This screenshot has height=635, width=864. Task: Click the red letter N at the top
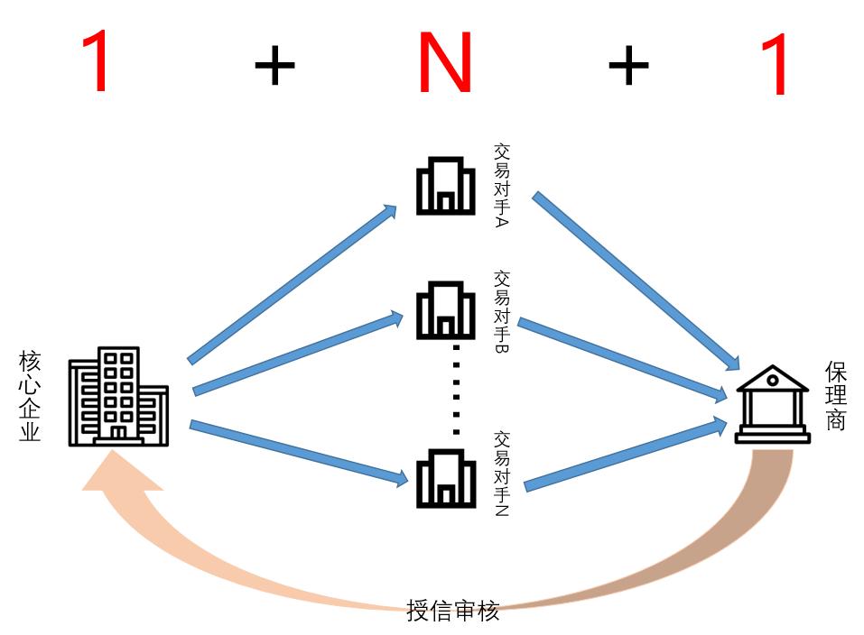click(444, 63)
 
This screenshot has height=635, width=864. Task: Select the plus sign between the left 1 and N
click(274, 67)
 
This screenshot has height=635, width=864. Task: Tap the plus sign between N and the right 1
click(628, 67)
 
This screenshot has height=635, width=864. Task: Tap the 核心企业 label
click(30, 397)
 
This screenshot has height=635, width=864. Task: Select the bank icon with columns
click(771, 406)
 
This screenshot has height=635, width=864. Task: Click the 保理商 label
click(835, 397)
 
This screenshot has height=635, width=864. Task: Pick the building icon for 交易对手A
click(444, 186)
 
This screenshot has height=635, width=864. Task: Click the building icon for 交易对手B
click(444, 309)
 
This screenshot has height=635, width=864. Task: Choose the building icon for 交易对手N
click(444, 477)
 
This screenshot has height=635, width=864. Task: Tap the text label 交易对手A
click(502, 185)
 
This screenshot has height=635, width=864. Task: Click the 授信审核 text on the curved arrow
click(452, 611)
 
